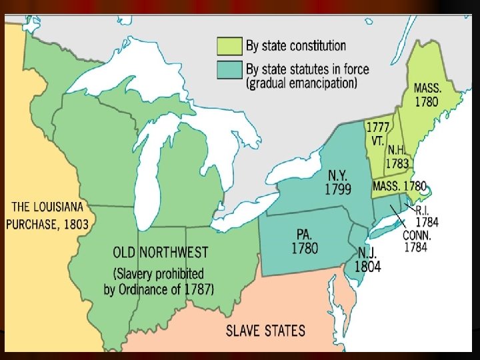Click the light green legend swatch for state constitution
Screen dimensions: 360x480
[225, 46]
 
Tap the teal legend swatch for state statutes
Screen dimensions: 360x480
[225, 69]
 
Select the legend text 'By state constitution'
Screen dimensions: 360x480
[297, 46]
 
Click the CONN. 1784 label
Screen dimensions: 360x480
[417, 241]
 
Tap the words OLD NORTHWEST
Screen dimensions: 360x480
[160, 253]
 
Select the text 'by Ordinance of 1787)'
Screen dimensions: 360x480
[160, 289]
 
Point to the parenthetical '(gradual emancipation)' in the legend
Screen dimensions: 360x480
[301, 84]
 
